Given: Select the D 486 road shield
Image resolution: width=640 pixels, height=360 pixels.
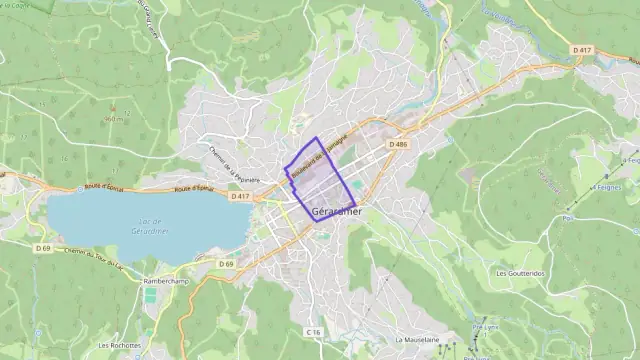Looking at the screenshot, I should click(400, 144).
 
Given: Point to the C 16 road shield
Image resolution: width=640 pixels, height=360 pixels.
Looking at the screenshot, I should click(313, 332).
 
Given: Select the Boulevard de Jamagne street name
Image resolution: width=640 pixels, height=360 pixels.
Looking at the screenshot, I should click(318, 156).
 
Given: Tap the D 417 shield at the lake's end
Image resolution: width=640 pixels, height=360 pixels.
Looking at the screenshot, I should click(239, 197).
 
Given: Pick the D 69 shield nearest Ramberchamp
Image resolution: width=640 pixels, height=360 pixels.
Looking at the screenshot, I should click(227, 264).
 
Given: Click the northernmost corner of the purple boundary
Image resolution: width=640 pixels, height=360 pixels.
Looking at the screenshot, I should click(316, 138).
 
